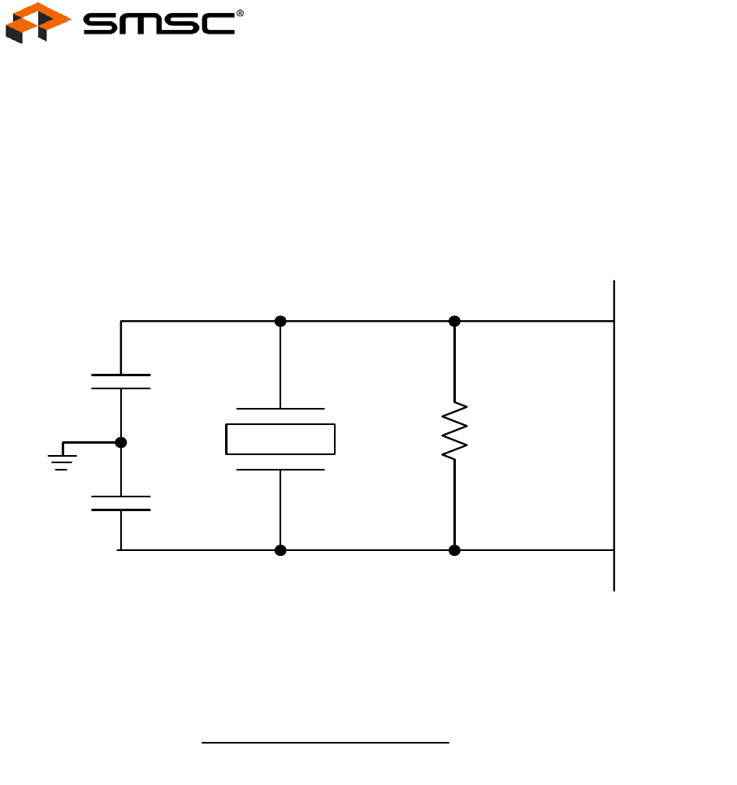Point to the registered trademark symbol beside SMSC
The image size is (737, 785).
tap(240, 12)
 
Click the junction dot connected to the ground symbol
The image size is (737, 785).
tap(121, 443)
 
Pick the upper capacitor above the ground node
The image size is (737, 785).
tap(121, 382)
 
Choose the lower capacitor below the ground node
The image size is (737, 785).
tap(121, 503)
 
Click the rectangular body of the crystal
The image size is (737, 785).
tap(280, 439)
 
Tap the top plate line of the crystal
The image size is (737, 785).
tap(280, 408)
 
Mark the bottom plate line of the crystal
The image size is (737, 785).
tap(280, 470)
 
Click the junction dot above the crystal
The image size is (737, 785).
tap(280, 321)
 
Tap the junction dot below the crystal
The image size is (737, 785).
tap(280, 550)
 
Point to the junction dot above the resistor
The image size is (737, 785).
tap(454, 321)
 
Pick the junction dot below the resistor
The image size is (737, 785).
tap(454, 550)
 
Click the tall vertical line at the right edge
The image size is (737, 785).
tap(614, 436)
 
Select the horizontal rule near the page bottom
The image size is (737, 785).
tap(325, 742)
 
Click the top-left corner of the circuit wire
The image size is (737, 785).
tap(122, 321)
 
